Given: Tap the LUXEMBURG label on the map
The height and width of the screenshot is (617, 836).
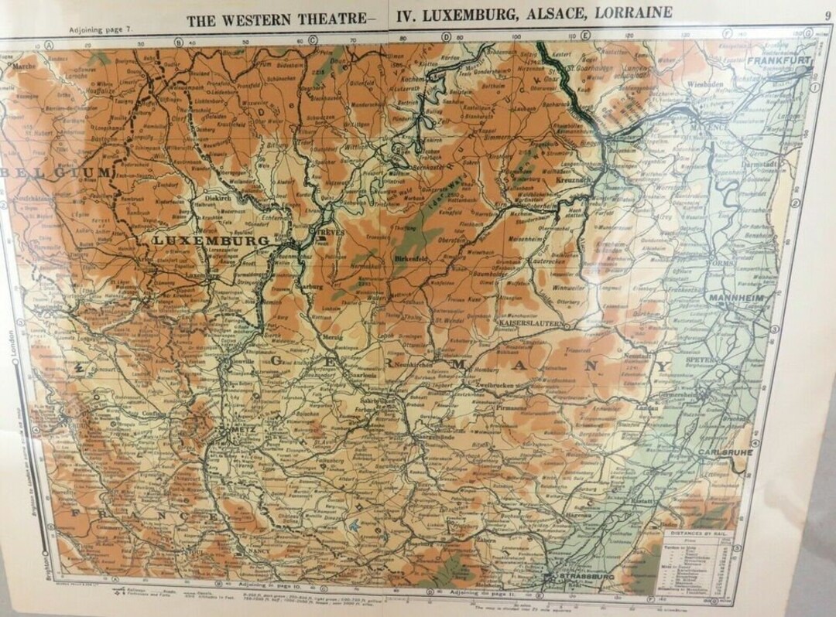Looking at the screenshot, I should tap(211, 240).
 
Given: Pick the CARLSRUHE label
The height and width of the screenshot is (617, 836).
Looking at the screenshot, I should tap(725, 451).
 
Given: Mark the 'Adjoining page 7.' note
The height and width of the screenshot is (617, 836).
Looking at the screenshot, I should tap(101, 29).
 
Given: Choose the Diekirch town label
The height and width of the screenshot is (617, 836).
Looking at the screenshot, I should tap(218, 197).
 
